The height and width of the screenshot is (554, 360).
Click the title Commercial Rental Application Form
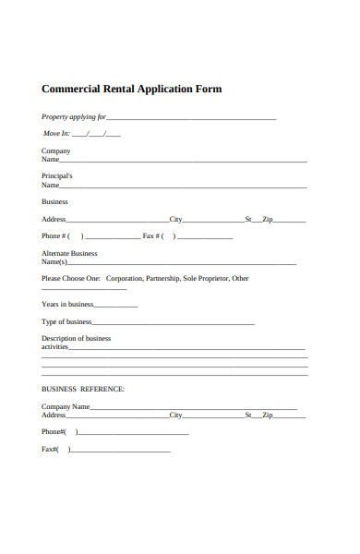pyautogui.click(x=132, y=90)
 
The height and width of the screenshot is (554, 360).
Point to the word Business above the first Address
pyautogui.click(x=54, y=201)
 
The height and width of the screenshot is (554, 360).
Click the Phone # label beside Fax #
pyautogui.click(x=54, y=235)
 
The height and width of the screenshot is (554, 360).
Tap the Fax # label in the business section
pyautogui.click(x=152, y=235)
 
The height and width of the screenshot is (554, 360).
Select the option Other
pyautogui.click(x=240, y=278)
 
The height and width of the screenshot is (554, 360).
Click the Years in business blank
pyautogui.click(x=116, y=306)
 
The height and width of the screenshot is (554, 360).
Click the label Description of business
pyautogui.click(x=76, y=339)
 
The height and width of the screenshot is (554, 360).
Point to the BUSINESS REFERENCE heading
pyautogui.click(x=83, y=389)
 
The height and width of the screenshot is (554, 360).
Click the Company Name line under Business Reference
pyautogui.click(x=194, y=408)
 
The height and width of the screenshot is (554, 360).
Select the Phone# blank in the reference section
pyautogui.click(x=134, y=433)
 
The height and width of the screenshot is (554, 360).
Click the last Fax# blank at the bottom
pyautogui.click(x=120, y=451)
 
